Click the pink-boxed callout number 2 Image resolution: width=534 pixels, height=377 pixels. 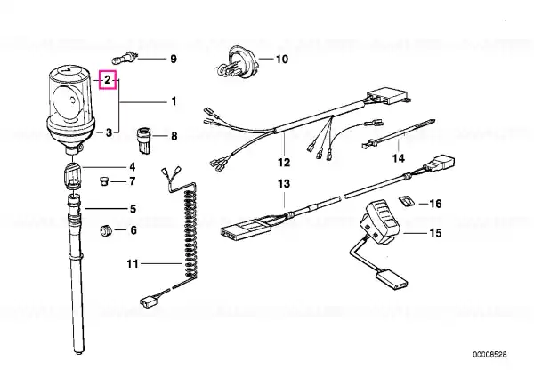tap(108, 80)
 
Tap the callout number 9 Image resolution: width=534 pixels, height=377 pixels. tap(174, 59)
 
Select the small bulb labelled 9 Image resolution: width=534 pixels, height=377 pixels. tap(125, 58)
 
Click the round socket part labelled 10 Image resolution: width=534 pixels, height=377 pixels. tap(239, 62)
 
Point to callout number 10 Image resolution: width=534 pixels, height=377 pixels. tap(281, 60)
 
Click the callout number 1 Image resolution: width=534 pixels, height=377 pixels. tap(174, 101)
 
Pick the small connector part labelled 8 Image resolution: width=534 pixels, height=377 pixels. tap(145, 140)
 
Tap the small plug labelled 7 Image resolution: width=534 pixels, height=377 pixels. tap(103, 181)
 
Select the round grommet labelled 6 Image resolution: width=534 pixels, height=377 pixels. tap(106, 230)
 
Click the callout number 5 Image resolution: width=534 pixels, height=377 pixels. tap(133, 209)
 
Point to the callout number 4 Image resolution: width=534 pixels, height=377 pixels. tap(132, 167)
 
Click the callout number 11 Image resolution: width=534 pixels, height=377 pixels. tap(133, 264)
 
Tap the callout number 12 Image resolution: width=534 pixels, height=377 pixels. tap(284, 163)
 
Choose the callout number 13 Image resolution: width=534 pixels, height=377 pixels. tap(284, 184)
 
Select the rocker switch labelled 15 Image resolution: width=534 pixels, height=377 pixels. tap(383, 222)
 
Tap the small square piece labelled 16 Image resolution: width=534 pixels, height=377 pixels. tap(406, 201)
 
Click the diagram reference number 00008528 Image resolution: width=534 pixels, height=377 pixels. tap(489, 355)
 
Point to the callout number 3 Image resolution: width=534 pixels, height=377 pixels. tap(109, 132)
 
